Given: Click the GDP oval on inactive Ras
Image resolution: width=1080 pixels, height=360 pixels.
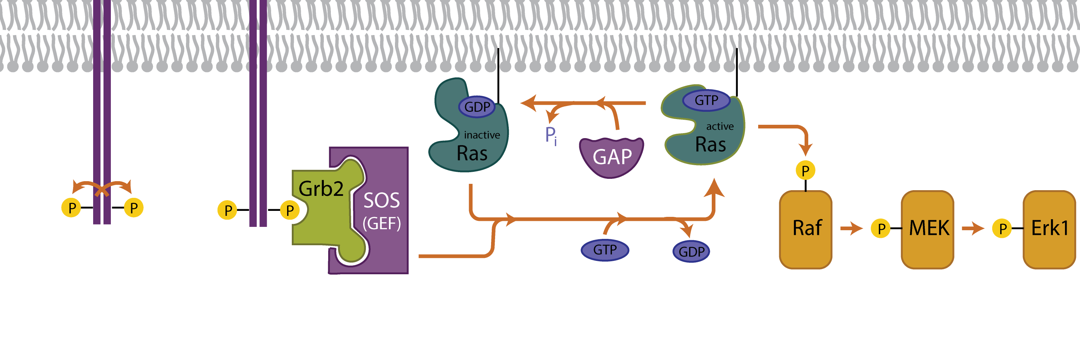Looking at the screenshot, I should pos(477,107).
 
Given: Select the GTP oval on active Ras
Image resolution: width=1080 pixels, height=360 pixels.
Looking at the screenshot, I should pos(706,100).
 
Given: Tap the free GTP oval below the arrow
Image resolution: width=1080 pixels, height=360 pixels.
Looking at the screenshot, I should pos(605,250).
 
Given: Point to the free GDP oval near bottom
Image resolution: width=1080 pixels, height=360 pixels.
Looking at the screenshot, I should pos(691,252).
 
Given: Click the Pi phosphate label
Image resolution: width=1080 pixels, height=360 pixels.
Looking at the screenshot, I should pos(551,136).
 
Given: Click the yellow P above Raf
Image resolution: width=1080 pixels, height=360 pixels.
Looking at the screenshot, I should pos(805,170).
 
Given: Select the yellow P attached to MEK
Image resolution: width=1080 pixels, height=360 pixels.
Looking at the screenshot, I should pos(881,229).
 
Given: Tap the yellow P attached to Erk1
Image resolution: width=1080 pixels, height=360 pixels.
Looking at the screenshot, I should pos(1002,229).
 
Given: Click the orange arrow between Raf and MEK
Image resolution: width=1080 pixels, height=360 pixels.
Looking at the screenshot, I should pos(851,229).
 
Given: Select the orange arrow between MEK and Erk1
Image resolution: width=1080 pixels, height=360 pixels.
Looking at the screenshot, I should pos(973,229).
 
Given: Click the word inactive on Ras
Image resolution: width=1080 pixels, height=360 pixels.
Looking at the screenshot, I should pos(482,135).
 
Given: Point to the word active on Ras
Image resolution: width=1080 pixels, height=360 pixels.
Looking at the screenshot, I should pos(720,126).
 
